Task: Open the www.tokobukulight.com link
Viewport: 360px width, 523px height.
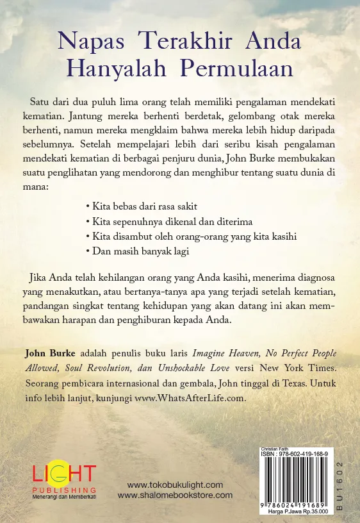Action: pyautogui.click(x=175, y=485)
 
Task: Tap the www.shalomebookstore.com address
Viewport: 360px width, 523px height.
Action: pyautogui.click(x=175, y=495)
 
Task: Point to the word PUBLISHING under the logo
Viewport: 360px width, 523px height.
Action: pyautogui.click(x=63, y=490)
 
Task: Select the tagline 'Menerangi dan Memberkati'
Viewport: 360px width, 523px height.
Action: pyautogui.click(x=63, y=497)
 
